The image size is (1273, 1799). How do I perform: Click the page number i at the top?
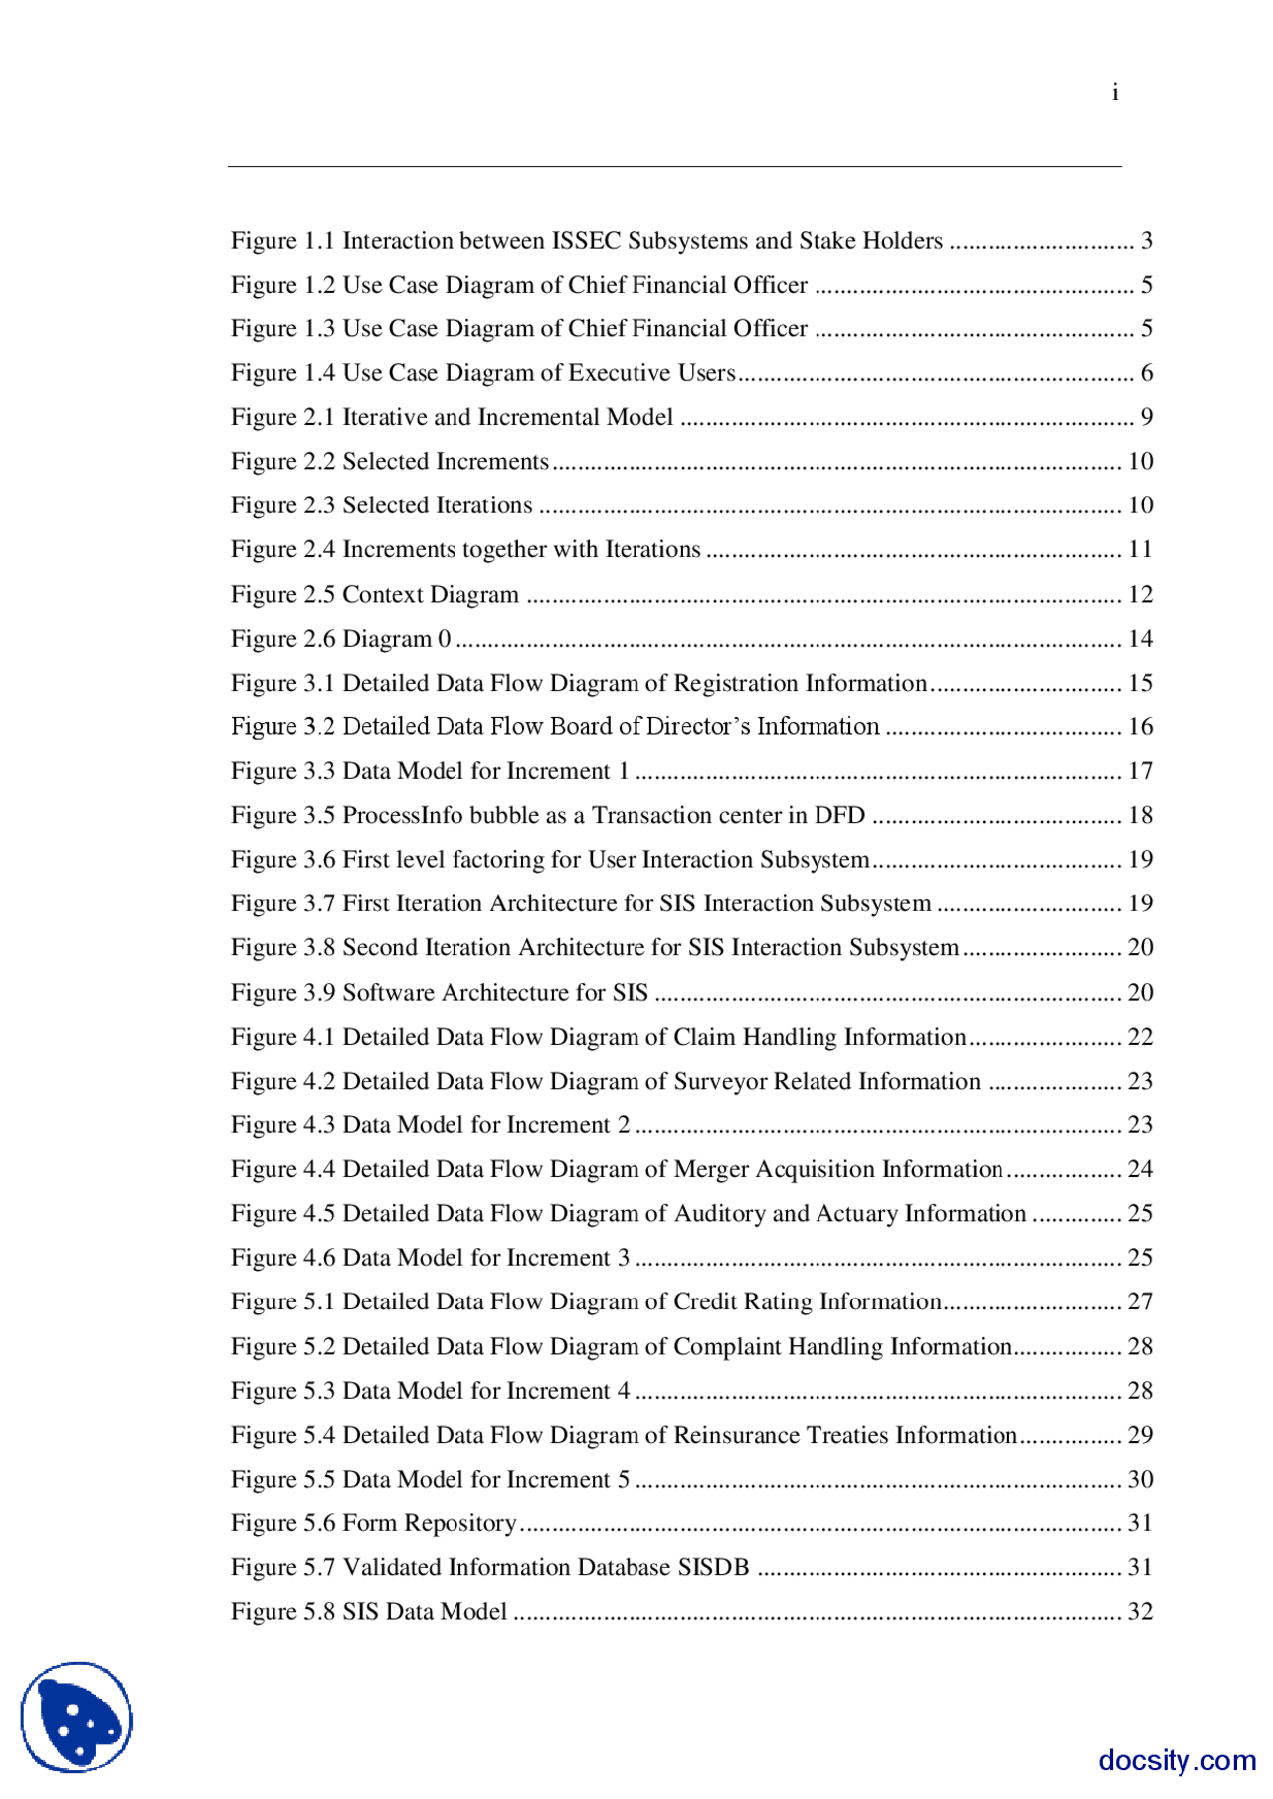click(x=1115, y=93)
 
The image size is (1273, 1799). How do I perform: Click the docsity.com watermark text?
click(x=1177, y=1760)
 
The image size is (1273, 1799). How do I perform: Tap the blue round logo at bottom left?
click(x=77, y=1716)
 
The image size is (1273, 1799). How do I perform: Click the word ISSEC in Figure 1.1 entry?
click(x=587, y=241)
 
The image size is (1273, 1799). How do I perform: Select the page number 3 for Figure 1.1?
click(x=1147, y=241)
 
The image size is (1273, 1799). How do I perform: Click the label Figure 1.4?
click(x=282, y=373)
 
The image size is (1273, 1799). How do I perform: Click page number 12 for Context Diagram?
click(x=1140, y=595)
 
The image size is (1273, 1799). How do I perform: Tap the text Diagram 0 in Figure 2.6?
click(x=396, y=639)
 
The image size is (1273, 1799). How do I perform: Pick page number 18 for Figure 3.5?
click(x=1140, y=816)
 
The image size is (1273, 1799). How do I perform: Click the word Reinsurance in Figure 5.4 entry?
click(x=736, y=1435)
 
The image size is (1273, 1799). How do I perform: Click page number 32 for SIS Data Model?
click(x=1140, y=1612)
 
